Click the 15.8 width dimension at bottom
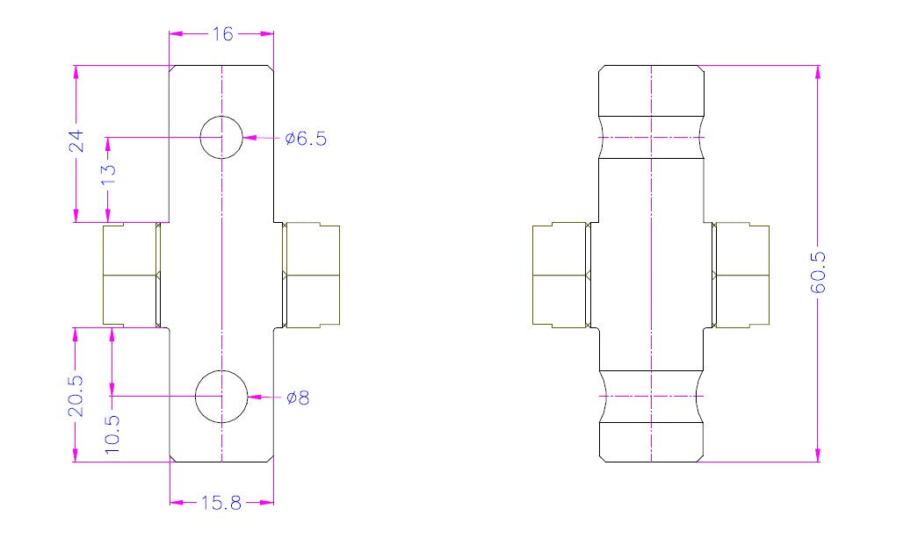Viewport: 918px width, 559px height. tap(221, 503)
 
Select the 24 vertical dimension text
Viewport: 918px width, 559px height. tap(76, 141)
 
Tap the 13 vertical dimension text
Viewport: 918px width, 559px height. tap(109, 174)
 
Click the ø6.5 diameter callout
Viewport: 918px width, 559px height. tap(305, 139)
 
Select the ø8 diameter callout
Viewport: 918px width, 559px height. tap(298, 398)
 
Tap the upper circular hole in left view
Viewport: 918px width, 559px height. tap(221, 137)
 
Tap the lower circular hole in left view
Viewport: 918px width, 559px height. tap(220, 397)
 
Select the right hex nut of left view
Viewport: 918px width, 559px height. tap(311, 276)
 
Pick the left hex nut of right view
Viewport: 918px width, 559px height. tap(560, 276)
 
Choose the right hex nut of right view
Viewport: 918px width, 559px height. tap(741, 276)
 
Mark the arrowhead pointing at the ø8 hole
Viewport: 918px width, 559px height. tap(255, 397)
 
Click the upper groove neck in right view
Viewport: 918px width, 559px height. tap(651, 137)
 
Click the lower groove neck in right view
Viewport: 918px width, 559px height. tap(651, 397)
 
